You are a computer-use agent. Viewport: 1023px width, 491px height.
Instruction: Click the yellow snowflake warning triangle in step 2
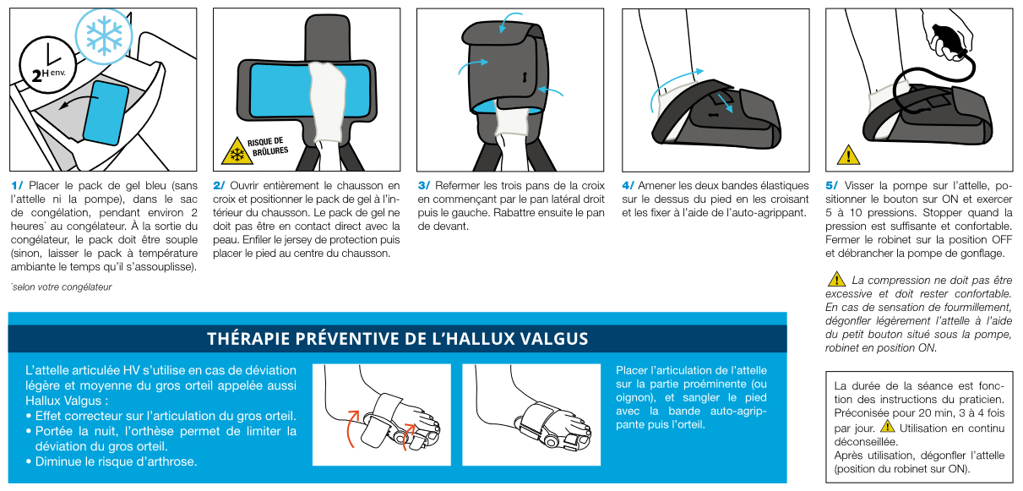click(x=232, y=153)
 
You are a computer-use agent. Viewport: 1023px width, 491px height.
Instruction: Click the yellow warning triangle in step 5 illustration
click(x=847, y=155)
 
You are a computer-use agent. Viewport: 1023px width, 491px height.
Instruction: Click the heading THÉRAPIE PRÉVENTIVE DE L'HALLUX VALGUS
click(x=397, y=339)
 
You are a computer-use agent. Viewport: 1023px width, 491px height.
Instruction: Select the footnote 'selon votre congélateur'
click(x=61, y=287)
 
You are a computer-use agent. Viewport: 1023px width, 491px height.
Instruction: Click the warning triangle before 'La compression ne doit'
click(x=836, y=279)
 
